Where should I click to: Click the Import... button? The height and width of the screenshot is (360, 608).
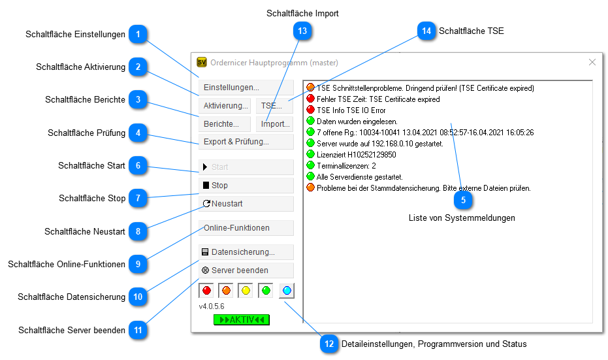coord(275,123)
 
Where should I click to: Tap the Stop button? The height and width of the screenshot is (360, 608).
coord(246,186)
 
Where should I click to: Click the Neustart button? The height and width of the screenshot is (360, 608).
coord(246,204)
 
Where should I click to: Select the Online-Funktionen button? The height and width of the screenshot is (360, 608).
coord(246,228)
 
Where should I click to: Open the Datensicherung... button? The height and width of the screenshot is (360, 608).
coord(246,252)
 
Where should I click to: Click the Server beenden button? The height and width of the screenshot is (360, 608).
coord(246,270)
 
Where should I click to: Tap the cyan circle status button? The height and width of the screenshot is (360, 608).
coord(287,290)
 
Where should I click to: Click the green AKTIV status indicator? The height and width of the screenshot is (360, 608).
coord(241,319)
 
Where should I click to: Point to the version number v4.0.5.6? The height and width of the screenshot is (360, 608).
coord(212,306)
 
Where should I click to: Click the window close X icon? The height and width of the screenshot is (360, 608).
coord(592,62)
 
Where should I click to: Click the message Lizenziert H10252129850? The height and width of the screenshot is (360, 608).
coord(356,155)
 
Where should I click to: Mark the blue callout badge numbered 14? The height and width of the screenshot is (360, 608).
coord(426,31)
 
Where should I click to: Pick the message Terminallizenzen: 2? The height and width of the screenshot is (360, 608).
coord(345,166)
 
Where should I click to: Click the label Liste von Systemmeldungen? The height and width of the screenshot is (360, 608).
coord(462,218)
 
